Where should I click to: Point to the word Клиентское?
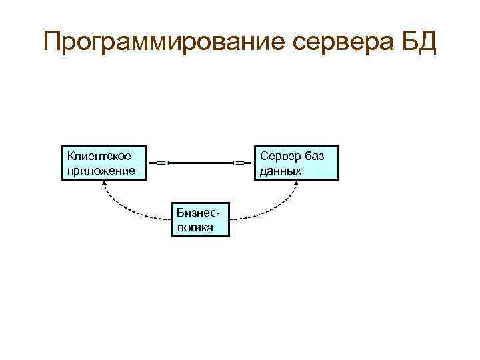pyautogui.click(x=98, y=156)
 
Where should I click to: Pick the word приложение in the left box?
pyautogui.click(x=100, y=171)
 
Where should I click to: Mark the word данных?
pyautogui.click(x=281, y=171)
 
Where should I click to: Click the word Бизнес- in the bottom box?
pyautogui.click(x=199, y=212)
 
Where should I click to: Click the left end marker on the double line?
pyautogui.click(x=167, y=163)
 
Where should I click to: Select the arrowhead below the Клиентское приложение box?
pyautogui.click(x=104, y=184)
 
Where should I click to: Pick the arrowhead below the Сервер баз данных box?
pyautogui.click(x=295, y=184)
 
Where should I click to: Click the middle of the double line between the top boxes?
pyautogui.click(x=201, y=163)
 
